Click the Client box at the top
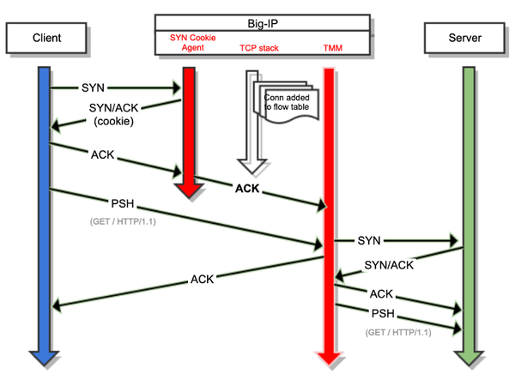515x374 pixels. pos(46,39)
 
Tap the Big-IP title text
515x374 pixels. pos(263,21)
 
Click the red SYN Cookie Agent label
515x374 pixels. pos(192,42)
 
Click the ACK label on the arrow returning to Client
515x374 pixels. pos(203,279)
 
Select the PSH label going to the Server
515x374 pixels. pos(383,312)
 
